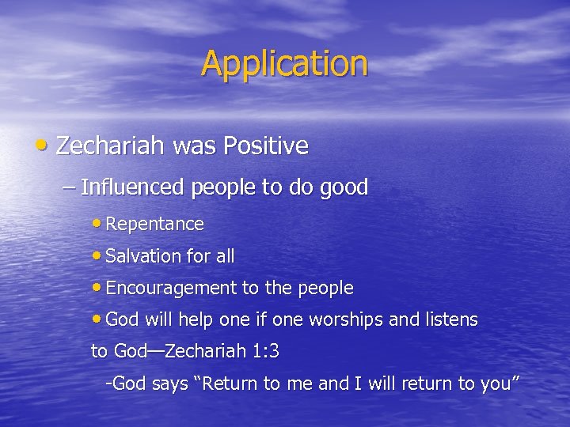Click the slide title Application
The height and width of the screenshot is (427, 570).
(x=284, y=64)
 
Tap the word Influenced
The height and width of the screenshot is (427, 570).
(x=132, y=187)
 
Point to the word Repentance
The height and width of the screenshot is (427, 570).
(x=154, y=225)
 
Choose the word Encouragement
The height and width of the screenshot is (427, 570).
(x=171, y=289)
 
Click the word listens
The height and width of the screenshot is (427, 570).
(x=450, y=320)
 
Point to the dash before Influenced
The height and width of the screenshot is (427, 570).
(x=69, y=188)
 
